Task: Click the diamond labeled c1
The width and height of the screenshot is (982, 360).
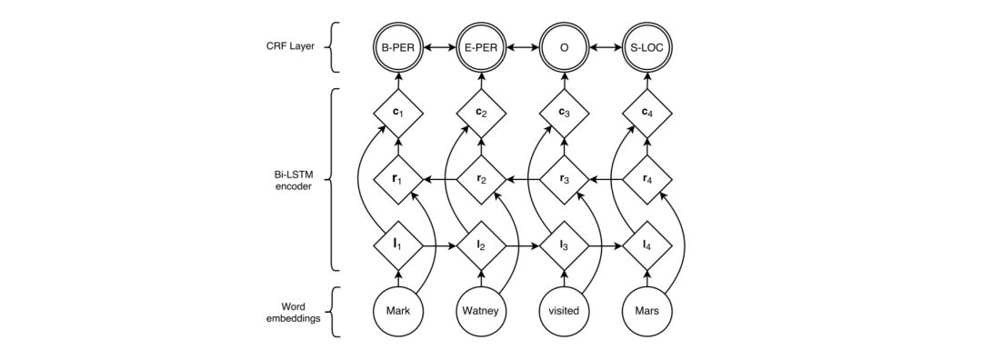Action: tap(397, 115)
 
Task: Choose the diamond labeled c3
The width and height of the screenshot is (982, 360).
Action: tap(564, 115)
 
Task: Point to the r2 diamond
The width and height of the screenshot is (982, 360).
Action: tap(480, 180)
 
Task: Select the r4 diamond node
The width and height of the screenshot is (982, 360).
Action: tap(646, 180)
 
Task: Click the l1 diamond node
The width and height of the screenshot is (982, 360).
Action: tap(397, 245)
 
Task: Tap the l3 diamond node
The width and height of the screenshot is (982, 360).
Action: tap(564, 245)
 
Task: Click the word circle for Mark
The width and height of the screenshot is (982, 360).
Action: tap(397, 312)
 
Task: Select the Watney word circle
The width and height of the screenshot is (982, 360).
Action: tap(480, 312)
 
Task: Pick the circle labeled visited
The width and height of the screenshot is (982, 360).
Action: tap(564, 312)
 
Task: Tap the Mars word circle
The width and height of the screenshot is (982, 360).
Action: tap(646, 312)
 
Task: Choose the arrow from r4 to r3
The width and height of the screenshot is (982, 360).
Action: tap(606, 180)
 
